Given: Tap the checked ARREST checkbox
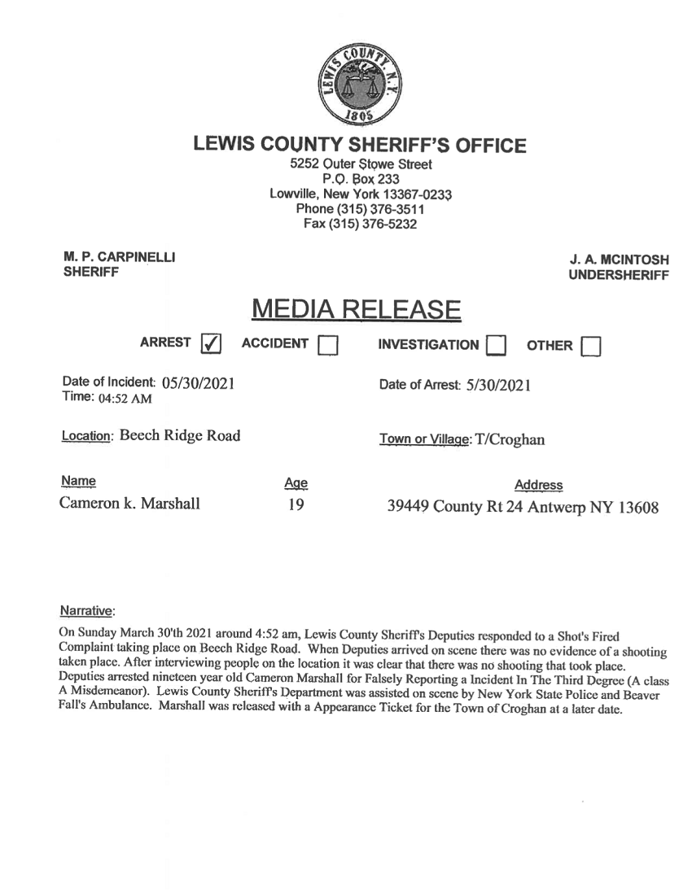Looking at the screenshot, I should click(x=212, y=346).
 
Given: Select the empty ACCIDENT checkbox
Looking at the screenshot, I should click(x=328, y=347).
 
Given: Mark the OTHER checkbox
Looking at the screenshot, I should click(x=592, y=347).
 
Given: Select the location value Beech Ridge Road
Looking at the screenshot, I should click(x=180, y=435).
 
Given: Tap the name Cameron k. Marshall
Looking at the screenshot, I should click(x=130, y=504).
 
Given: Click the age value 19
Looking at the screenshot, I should click(x=294, y=504).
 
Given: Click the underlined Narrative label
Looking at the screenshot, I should click(x=89, y=609).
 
